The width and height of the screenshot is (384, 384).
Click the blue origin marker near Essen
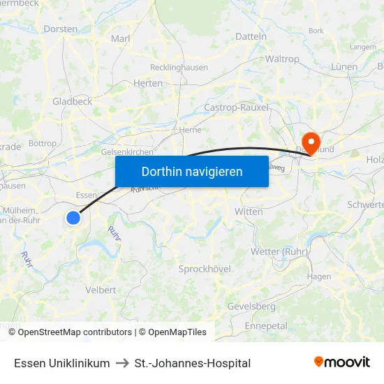coord(73,218)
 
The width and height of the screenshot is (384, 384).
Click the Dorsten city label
coord(60,29)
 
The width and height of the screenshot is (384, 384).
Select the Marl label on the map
coord(121,39)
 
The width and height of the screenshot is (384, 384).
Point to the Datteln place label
coord(251,36)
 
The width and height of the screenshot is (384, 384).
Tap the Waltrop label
coord(282,59)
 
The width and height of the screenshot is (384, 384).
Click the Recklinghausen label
coord(179,68)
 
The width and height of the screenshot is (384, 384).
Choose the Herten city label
coord(147,83)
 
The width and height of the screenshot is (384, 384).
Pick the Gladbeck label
coord(73,101)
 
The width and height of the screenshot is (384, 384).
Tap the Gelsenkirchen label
coord(127,152)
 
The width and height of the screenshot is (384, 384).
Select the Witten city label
coord(249,212)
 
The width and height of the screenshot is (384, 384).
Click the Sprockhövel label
coord(205,269)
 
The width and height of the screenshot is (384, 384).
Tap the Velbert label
coord(101,290)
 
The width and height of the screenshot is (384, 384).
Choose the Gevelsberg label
coord(251,307)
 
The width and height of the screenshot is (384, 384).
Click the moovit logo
coord(341,362)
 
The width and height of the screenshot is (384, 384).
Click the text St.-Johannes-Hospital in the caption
coord(193,363)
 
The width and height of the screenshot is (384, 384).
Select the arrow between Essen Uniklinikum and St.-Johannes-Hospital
coord(122,363)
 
